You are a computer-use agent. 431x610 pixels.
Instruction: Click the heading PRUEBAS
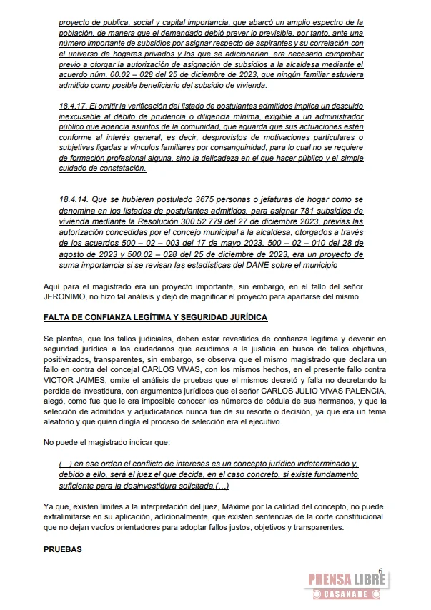(62, 551)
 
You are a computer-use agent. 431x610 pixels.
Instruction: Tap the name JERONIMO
(66, 296)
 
